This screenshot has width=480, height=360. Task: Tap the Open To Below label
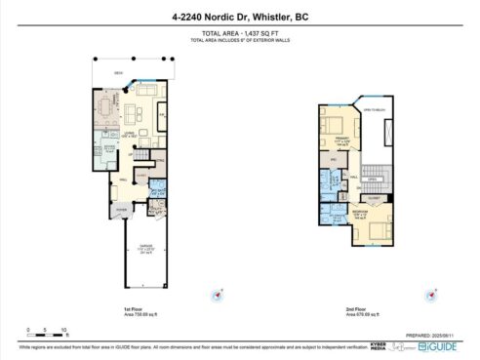point(376,109)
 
